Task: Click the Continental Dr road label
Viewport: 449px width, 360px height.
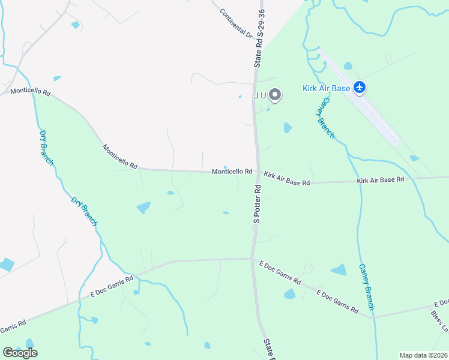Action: [x=236, y=23]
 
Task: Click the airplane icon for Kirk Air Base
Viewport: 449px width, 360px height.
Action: [x=360, y=88]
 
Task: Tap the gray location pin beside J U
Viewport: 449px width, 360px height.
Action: [x=275, y=95]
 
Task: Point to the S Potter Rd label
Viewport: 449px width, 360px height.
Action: [x=257, y=204]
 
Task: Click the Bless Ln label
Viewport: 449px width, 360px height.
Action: [x=440, y=321]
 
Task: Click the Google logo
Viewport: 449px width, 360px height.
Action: [x=20, y=353]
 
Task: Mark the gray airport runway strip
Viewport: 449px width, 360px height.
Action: [x=360, y=96]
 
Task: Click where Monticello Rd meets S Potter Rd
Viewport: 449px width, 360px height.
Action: [x=258, y=172]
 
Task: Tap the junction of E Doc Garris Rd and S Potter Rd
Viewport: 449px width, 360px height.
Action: [x=252, y=259]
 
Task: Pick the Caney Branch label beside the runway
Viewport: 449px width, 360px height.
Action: [x=325, y=116]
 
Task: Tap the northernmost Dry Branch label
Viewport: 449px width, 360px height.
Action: [x=46, y=148]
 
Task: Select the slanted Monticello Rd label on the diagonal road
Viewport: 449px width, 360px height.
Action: [x=120, y=156]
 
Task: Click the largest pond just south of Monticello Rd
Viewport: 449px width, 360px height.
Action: [x=144, y=208]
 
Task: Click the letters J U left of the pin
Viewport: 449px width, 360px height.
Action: [x=259, y=95]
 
